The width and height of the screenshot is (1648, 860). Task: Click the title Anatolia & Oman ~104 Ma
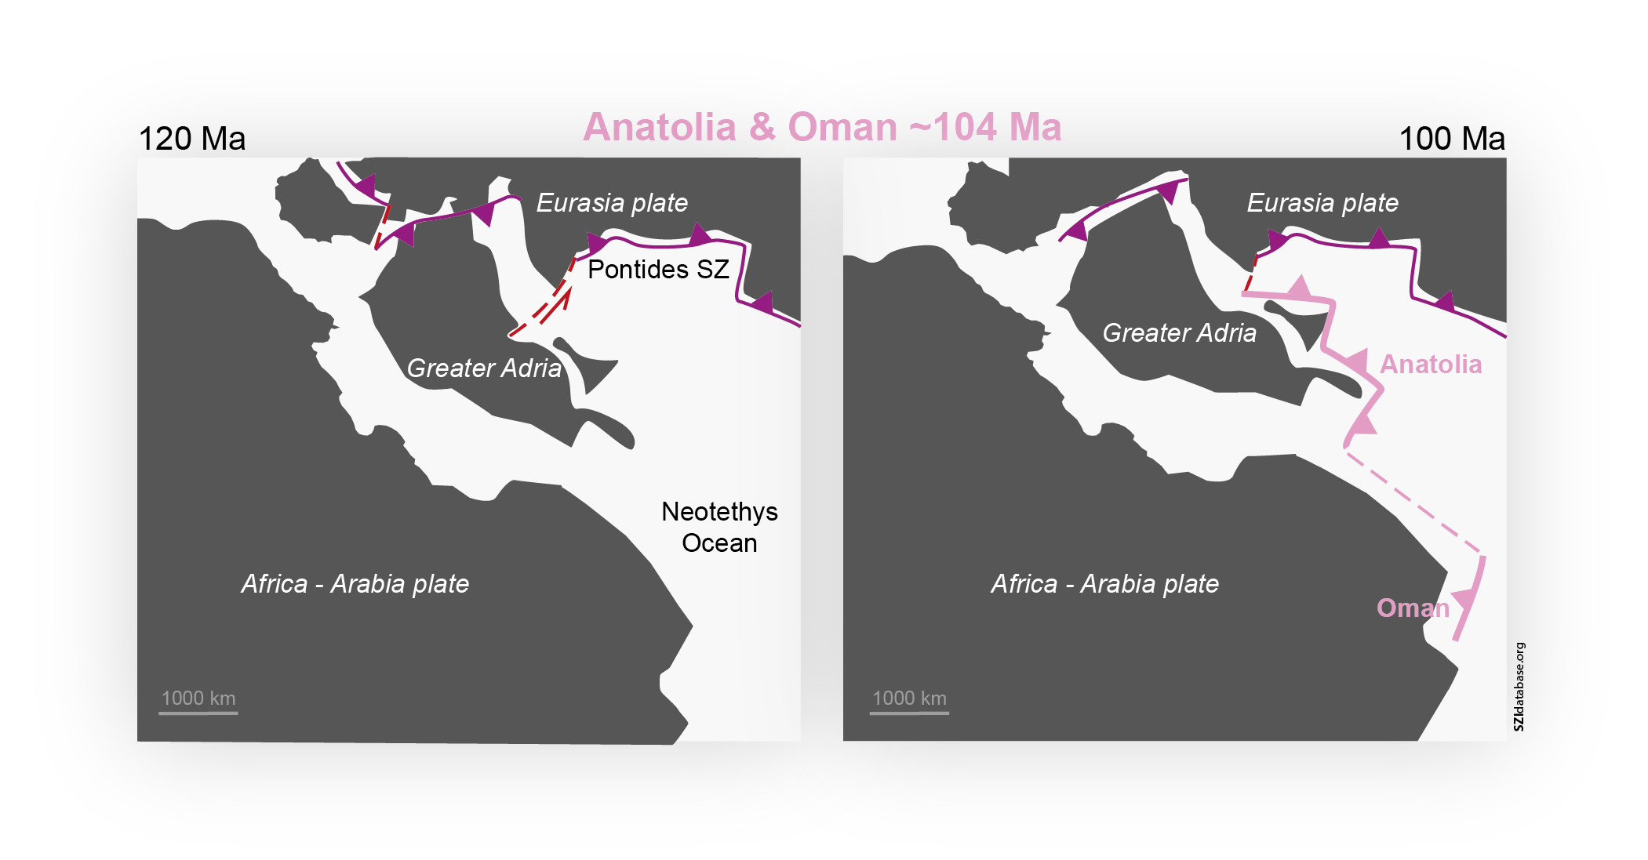[822, 127]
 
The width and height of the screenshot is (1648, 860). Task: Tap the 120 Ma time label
[191, 139]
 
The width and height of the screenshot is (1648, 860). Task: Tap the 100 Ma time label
[1451, 139]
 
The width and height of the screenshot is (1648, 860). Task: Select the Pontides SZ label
[658, 270]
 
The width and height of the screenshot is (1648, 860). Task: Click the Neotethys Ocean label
[719, 527]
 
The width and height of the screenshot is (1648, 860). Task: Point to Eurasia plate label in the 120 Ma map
[612, 203]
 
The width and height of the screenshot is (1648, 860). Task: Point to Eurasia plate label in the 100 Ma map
[1322, 203]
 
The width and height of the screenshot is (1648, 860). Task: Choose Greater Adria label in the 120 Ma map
[484, 368]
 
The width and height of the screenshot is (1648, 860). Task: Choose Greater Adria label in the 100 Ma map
[1179, 333]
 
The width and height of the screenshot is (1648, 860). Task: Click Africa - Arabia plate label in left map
[355, 584]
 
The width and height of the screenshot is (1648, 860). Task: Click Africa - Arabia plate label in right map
[1104, 584]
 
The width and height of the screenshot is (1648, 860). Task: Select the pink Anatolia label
[1431, 365]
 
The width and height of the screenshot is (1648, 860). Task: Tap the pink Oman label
[1413, 608]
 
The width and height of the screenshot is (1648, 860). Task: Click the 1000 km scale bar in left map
[198, 713]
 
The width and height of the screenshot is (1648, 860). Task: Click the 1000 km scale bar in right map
[909, 713]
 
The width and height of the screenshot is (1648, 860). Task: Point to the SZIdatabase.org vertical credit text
[1519, 686]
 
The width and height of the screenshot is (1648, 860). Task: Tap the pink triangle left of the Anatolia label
[1357, 361]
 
